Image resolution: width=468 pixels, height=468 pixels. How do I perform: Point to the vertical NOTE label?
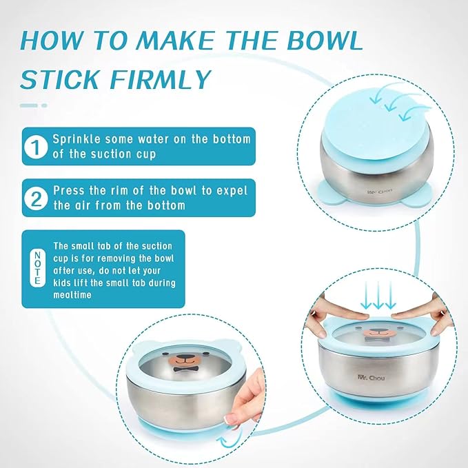(36, 269)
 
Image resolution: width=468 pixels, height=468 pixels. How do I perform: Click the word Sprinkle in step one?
(77, 139)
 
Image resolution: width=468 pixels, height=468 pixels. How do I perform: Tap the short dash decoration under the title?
(33, 105)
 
